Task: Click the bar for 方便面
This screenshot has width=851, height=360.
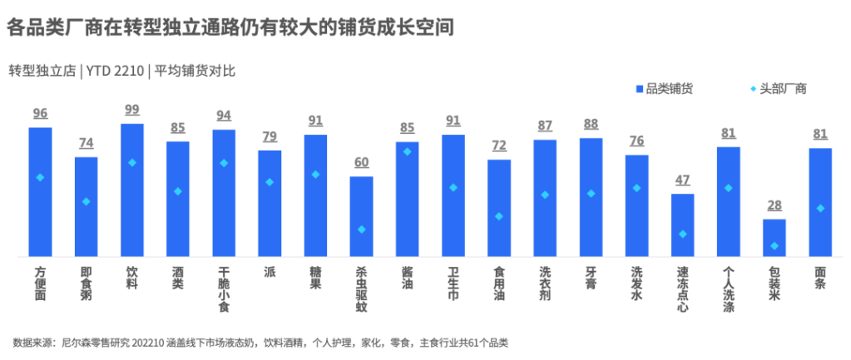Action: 40,191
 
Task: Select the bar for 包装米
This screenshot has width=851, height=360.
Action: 774,237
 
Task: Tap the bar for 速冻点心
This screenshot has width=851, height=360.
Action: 682,224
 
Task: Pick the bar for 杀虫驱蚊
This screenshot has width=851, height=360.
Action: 361,215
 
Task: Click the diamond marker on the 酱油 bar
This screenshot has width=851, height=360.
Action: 407,151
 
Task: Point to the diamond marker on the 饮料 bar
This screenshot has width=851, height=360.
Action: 132,162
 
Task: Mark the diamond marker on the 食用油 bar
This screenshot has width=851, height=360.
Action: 499,216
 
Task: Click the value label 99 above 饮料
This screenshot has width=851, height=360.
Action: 132,110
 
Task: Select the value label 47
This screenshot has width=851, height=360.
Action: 682,180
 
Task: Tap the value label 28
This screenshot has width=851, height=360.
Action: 774,205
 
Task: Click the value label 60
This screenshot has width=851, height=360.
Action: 361,162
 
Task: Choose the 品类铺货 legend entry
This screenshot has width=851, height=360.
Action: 670,89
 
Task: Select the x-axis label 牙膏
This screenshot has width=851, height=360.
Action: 591,278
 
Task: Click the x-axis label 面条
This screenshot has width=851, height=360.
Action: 820,278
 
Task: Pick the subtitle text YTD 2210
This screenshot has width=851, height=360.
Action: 114,71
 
